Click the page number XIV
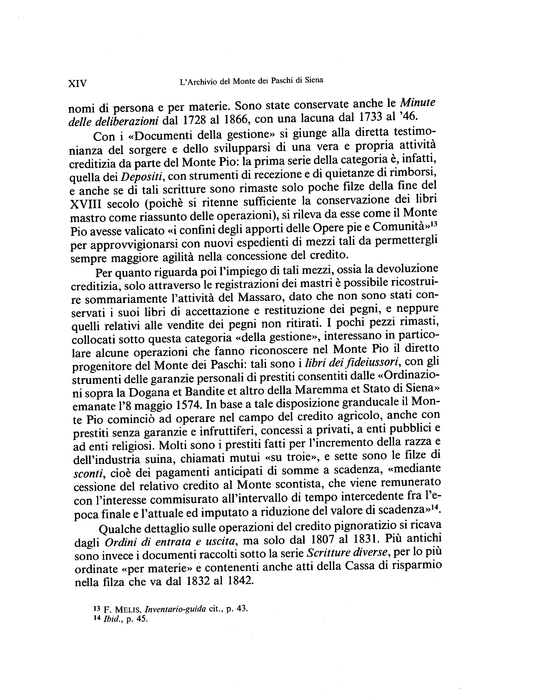77,83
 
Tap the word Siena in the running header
314,80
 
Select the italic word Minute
417,103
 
